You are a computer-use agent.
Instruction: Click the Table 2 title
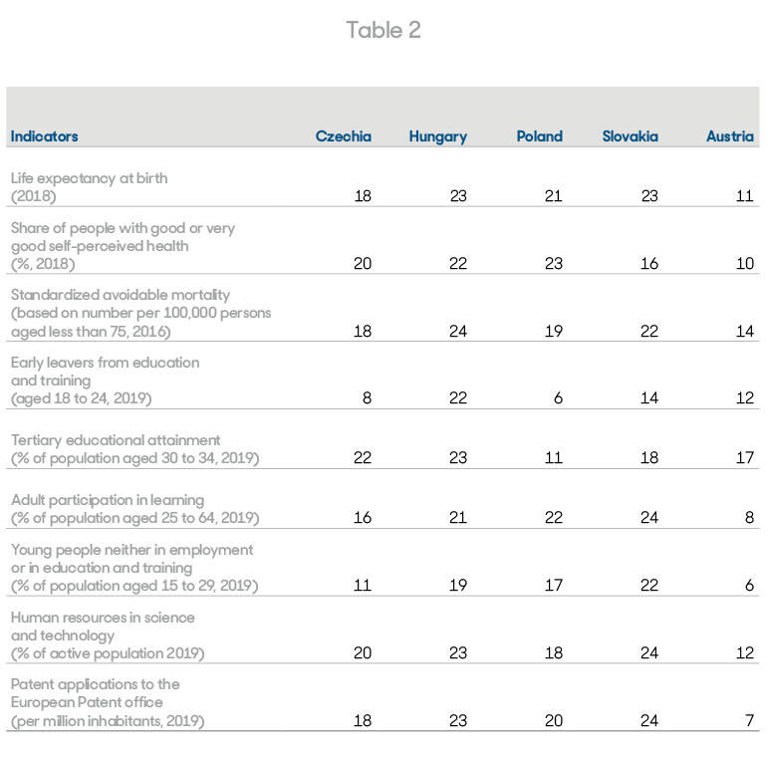click(384, 30)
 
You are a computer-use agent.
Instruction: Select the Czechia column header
click(344, 136)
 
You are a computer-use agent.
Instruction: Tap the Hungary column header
click(438, 136)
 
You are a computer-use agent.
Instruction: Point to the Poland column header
click(539, 136)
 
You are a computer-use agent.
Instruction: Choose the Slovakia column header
click(630, 136)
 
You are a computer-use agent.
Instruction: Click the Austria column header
click(730, 136)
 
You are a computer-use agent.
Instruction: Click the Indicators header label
click(44, 136)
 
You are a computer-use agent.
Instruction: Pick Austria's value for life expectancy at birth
click(744, 196)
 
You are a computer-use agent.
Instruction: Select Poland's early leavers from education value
click(558, 397)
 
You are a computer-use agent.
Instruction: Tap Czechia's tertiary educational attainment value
click(363, 457)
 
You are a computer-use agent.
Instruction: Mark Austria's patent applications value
click(749, 720)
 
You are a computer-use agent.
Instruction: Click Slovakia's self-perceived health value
click(649, 263)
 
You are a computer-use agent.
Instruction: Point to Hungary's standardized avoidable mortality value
click(458, 331)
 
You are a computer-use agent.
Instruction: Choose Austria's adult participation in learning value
click(749, 517)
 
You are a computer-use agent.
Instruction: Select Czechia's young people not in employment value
click(363, 585)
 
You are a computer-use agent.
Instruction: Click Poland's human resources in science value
click(554, 652)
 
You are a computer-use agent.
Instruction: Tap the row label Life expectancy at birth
click(89, 178)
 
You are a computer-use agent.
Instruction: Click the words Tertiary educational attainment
click(116, 440)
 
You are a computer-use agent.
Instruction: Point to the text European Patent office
click(87, 702)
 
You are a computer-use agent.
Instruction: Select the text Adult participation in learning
click(108, 500)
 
